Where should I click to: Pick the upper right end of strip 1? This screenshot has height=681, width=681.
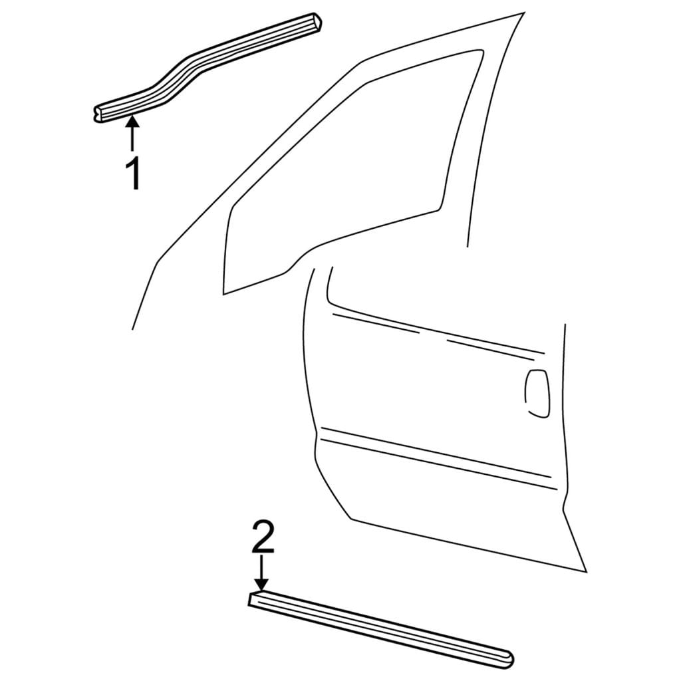(319, 22)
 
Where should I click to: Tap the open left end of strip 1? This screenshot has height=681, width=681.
(98, 114)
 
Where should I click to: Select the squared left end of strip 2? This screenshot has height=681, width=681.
(253, 599)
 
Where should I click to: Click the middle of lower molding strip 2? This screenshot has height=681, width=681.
(381, 628)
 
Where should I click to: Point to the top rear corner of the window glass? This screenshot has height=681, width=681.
(481, 51)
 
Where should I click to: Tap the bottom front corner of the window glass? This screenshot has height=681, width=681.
(223, 293)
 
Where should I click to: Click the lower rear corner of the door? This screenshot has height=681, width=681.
(586, 571)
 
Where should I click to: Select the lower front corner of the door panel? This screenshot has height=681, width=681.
(351, 517)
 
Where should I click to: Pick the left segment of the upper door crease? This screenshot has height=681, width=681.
(376, 323)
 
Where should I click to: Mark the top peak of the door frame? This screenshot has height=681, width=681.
(523, 14)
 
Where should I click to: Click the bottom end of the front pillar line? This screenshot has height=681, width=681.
(132, 329)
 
